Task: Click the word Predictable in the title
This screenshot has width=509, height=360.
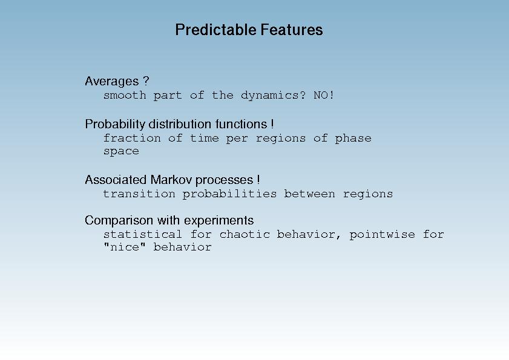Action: coord(215,30)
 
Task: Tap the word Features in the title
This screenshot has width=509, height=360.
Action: coord(292,30)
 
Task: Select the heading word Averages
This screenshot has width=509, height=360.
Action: coord(112,81)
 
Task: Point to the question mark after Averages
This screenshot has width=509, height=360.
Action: coord(146,80)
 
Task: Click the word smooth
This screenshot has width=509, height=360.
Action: coord(125,95)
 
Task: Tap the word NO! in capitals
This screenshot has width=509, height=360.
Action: coord(323,95)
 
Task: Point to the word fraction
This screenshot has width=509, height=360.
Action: coord(132,139)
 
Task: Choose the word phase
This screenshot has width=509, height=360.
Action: coord(353,139)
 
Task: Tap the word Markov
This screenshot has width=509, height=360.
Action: coord(171,180)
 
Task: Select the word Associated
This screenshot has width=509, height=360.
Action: coord(116,180)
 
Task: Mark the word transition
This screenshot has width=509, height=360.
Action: coord(139,194)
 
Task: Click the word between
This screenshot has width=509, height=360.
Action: coord(309,194)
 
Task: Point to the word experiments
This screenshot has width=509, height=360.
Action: coord(215,221)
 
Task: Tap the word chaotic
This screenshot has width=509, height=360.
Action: coord(245,234)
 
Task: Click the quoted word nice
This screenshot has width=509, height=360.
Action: coord(124,247)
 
